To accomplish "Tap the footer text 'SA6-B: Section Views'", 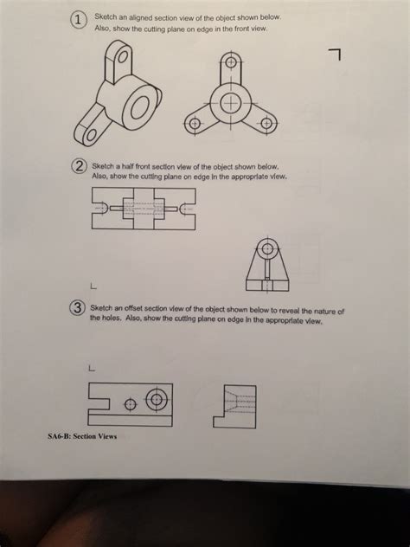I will [83, 435].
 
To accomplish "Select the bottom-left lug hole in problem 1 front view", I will [194, 125].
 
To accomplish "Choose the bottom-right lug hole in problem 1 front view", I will [266, 125].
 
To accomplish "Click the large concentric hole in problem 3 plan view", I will [157, 399].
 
